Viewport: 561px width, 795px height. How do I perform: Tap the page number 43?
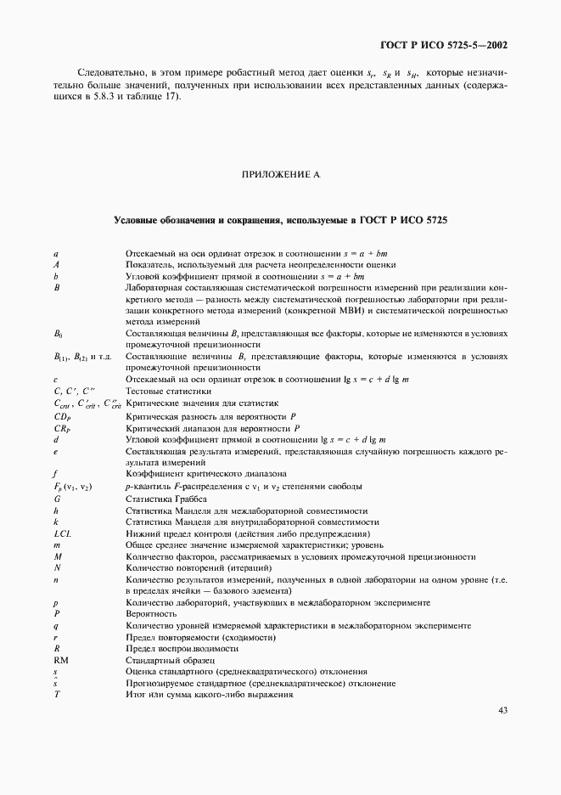tap(502, 711)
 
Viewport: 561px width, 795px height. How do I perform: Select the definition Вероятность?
tap(151, 613)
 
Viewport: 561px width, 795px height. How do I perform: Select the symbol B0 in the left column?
tap(58, 335)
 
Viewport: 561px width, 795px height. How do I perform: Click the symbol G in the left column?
tap(55, 498)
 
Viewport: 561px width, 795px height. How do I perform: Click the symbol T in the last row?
tap(55, 694)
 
